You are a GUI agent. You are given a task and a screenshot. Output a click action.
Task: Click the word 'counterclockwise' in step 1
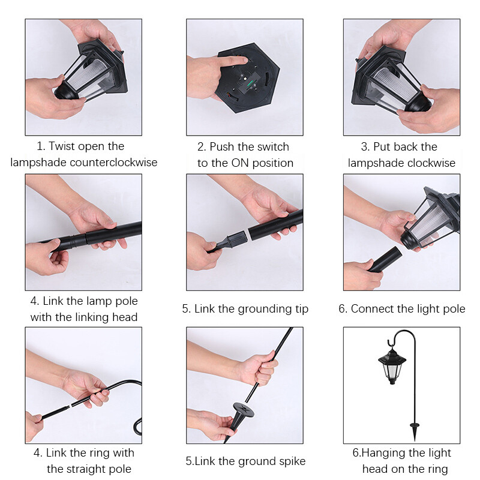click(x=113, y=162)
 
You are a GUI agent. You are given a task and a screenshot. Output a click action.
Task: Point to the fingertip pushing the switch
click(x=244, y=60)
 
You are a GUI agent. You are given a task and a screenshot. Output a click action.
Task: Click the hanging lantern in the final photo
click(x=392, y=365)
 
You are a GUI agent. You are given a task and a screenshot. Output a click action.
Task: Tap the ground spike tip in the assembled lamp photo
click(x=415, y=440)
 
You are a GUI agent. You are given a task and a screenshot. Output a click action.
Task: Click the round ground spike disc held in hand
click(x=244, y=410)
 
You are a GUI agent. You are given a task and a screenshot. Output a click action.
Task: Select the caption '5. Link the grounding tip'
click(x=245, y=309)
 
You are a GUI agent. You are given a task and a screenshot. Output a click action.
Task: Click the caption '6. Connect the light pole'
click(x=401, y=309)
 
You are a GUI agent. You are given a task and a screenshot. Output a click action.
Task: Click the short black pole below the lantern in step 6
click(x=385, y=259)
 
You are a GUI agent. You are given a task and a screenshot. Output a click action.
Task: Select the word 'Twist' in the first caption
click(x=62, y=146)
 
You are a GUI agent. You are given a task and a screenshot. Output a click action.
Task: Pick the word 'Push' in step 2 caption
click(x=221, y=147)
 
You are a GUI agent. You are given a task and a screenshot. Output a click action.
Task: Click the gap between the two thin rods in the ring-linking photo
click(x=70, y=406)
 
